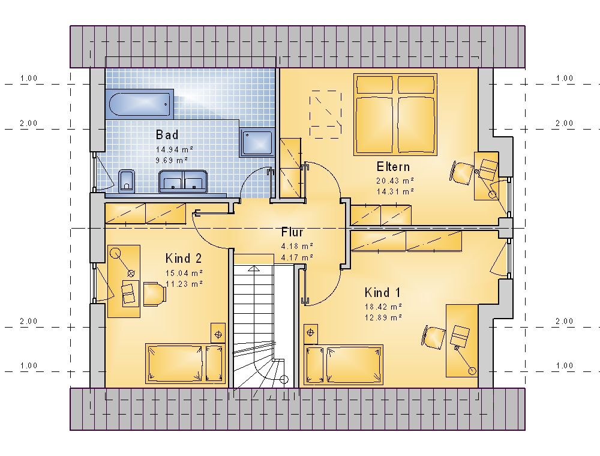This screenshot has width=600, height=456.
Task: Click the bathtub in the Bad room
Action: [x=139, y=103]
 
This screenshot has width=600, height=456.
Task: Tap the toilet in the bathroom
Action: [x=127, y=180]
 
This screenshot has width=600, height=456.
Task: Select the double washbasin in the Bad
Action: [x=183, y=181]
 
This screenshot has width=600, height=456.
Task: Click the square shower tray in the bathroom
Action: [x=257, y=142]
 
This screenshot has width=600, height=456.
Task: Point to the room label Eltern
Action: [x=393, y=167]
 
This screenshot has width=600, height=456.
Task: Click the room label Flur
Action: [x=292, y=232]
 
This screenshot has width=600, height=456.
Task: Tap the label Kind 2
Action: [x=183, y=258]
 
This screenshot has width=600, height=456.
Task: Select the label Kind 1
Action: [x=382, y=293]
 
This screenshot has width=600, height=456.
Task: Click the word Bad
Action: [x=167, y=134]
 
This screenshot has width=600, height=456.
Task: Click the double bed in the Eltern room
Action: [x=395, y=115]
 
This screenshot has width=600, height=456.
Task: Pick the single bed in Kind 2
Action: [x=185, y=364]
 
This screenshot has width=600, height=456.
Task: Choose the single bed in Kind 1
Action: [x=343, y=365]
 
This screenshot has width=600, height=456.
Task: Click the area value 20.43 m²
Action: [x=395, y=181]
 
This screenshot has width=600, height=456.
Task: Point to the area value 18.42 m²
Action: [x=383, y=307]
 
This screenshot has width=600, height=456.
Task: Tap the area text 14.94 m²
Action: [x=174, y=149]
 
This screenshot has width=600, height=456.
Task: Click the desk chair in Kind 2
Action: [x=155, y=294]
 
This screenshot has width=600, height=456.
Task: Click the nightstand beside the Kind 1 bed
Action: [x=310, y=334]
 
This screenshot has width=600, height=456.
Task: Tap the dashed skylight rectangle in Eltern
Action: [x=325, y=115]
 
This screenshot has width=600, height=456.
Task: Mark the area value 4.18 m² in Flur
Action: [x=298, y=246]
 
